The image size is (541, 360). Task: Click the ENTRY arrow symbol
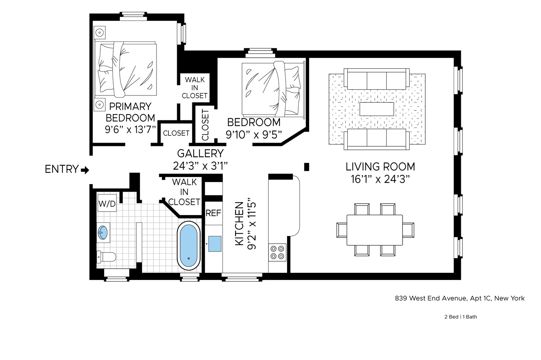[85, 170]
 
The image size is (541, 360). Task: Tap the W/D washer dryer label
[107, 204]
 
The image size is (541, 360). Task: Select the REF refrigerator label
[213, 213]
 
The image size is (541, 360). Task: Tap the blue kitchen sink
[215, 244]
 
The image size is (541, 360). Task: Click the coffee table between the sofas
[377, 109]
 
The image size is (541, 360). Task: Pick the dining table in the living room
[374, 230]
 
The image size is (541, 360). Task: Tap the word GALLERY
[200, 154]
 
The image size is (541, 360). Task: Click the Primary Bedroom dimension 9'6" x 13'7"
[130, 130]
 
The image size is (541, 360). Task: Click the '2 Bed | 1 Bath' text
[460, 317]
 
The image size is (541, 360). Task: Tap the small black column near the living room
[307, 167]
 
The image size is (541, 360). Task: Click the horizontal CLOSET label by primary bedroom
[176, 133]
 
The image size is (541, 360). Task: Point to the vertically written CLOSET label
[205, 125]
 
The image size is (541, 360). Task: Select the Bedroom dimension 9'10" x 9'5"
[254, 135]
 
